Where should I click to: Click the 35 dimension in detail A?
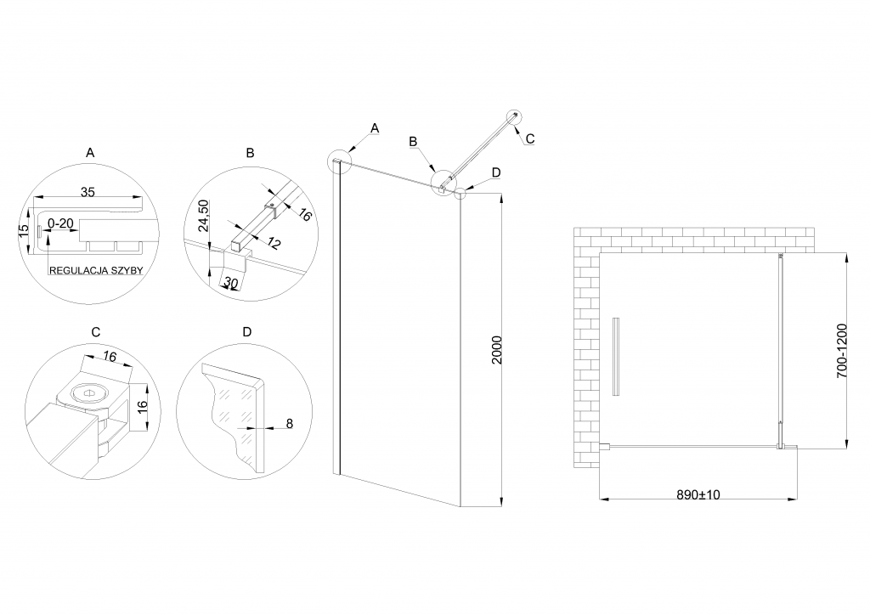pyautogui.click(x=88, y=192)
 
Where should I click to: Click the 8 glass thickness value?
pyautogui.click(x=290, y=422)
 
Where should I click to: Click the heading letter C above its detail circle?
pyautogui.click(x=96, y=330)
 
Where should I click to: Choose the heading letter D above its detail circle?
pyautogui.click(x=246, y=330)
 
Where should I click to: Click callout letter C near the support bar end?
pyautogui.click(x=529, y=138)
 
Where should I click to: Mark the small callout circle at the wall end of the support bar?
pyautogui.click(x=515, y=116)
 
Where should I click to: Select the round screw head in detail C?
pyautogui.click(x=88, y=392)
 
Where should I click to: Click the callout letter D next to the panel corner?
pyautogui.click(x=496, y=172)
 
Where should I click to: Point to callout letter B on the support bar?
pyautogui.click(x=414, y=141)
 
